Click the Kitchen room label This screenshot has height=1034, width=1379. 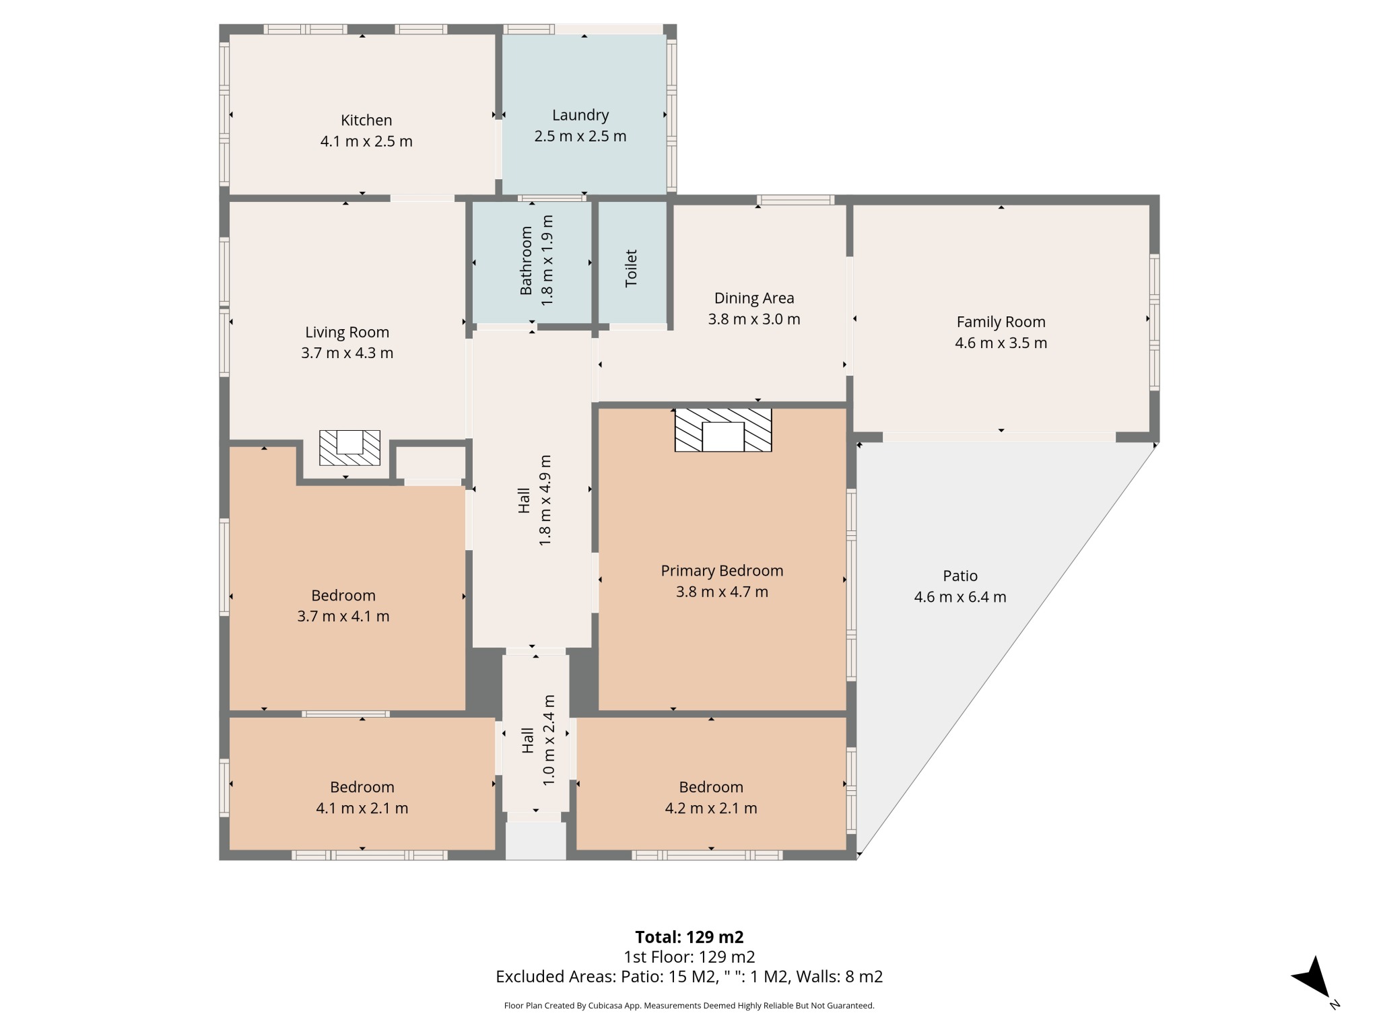point(366,120)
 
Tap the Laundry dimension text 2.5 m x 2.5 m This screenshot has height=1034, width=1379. point(580,137)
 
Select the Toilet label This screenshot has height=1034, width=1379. point(631,269)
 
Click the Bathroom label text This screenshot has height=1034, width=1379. point(526,261)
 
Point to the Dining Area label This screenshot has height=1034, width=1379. point(754,298)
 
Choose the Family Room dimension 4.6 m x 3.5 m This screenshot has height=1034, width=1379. point(1001,343)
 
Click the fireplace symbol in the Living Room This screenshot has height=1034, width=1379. point(349,448)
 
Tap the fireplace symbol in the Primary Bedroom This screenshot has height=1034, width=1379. point(723,429)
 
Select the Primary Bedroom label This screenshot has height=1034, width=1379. point(722,571)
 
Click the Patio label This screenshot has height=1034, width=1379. point(960,576)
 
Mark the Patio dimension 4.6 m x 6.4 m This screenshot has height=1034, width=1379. point(960,597)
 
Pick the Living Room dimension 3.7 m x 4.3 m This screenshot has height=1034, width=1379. point(347,353)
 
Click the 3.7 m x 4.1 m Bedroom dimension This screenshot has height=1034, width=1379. point(343,617)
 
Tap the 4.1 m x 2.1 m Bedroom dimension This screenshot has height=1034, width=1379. point(362,808)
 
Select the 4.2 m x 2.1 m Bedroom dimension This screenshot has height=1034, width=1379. point(711,808)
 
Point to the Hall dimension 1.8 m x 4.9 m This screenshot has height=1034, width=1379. point(545,500)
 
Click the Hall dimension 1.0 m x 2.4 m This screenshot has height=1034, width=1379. point(549,740)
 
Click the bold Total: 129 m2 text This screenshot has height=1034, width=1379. point(689,937)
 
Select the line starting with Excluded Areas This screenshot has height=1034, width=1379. point(689,977)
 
